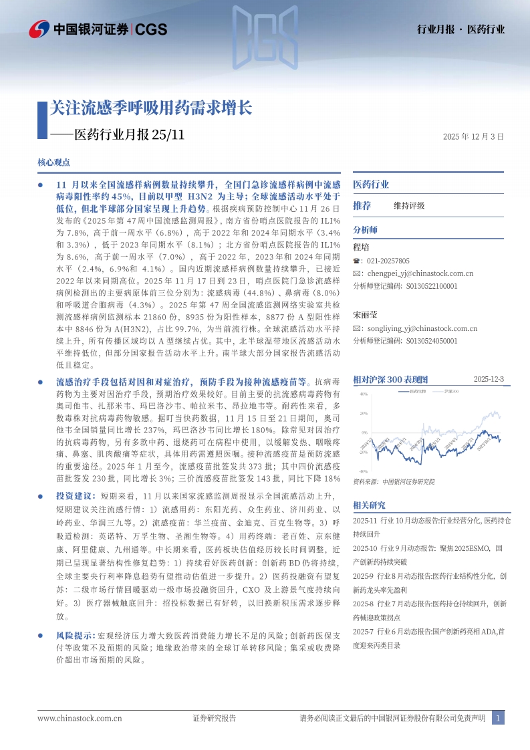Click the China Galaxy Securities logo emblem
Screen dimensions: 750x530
tap(39, 29)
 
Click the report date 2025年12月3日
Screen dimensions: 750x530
tap(473, 136)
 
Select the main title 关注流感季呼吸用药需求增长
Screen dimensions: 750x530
tap(150, 108)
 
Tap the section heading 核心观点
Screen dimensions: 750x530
tap(54, 162)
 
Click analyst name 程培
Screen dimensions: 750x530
tap(361, 247)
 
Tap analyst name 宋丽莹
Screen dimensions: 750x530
tap(365, 314)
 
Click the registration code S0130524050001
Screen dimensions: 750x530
tap(432, 340)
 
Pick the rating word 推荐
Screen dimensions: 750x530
tap(362, 205)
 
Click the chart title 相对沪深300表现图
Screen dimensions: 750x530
tap(394, 379)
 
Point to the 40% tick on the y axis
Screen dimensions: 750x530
tap(364, 394)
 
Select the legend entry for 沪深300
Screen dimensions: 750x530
tap(451, 390)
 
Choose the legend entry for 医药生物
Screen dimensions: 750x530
tap(418, 390)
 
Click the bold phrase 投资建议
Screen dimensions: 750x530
tap(70, 497)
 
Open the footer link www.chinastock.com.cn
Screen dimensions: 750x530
tap(80, 719)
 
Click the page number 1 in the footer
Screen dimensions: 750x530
tap(497, 718)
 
